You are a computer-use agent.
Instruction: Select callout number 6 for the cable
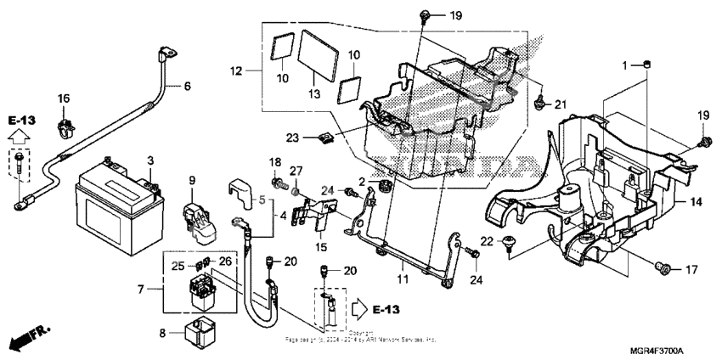click(188, 85)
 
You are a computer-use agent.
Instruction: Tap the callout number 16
click(64, 99)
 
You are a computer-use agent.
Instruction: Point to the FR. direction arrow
click(25, 339)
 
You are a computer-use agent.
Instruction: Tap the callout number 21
click(560, 104)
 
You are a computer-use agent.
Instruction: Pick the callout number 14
click(696, 202)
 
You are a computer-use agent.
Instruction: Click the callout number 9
click(192, 180)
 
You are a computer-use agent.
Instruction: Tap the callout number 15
click(320, 247)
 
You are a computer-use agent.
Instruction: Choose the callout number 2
click(360, 182)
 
